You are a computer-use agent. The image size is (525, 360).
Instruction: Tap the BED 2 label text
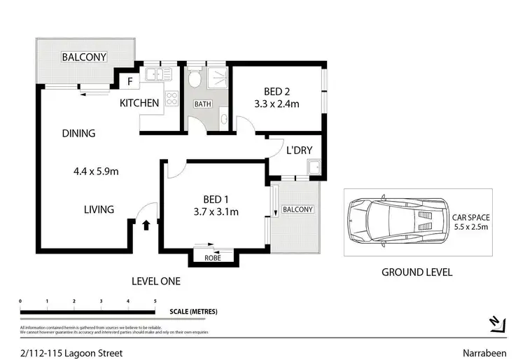276,92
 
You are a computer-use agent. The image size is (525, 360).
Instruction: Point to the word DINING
78,133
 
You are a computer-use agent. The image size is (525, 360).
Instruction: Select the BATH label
202,104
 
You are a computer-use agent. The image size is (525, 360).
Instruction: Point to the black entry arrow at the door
146,225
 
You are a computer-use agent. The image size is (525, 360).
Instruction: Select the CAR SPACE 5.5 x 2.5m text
470,223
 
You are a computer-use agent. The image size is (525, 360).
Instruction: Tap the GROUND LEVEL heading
416,272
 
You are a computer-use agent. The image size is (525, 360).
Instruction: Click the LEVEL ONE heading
156,281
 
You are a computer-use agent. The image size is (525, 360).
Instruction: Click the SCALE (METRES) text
193,311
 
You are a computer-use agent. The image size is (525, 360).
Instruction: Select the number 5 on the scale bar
155,301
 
